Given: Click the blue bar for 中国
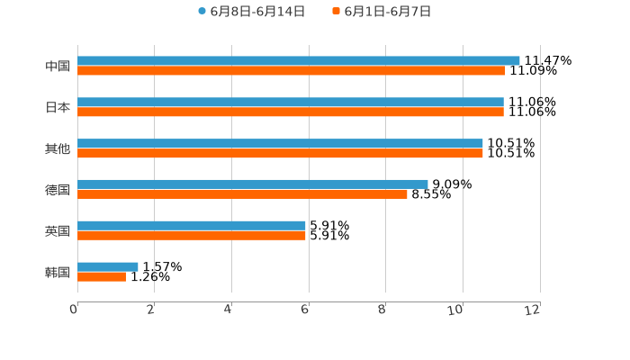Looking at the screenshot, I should coord(299,60).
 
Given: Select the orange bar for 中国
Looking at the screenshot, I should coord(292,71).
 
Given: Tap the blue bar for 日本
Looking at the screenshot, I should coord(291,102).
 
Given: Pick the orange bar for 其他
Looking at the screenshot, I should coord(280,154).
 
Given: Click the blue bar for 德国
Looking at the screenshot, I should coord(253,184).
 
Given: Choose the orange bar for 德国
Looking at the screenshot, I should coord(242,194).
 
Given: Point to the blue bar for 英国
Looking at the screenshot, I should coord(192,225).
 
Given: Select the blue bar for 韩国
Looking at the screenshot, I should coord(108,266).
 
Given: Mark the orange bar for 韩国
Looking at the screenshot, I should coord(102,277).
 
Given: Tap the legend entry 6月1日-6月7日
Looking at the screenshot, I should coord(388,12).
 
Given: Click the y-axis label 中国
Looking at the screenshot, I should coord(58,66).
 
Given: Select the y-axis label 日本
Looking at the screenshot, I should coord(58,107).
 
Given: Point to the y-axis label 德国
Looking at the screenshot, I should coord(58,189).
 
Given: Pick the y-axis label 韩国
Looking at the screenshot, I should coord(58,272).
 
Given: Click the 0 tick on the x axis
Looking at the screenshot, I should coord(74,310).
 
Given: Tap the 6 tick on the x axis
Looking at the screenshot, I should coord(305,310).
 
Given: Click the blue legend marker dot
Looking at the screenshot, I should coord(202,12).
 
